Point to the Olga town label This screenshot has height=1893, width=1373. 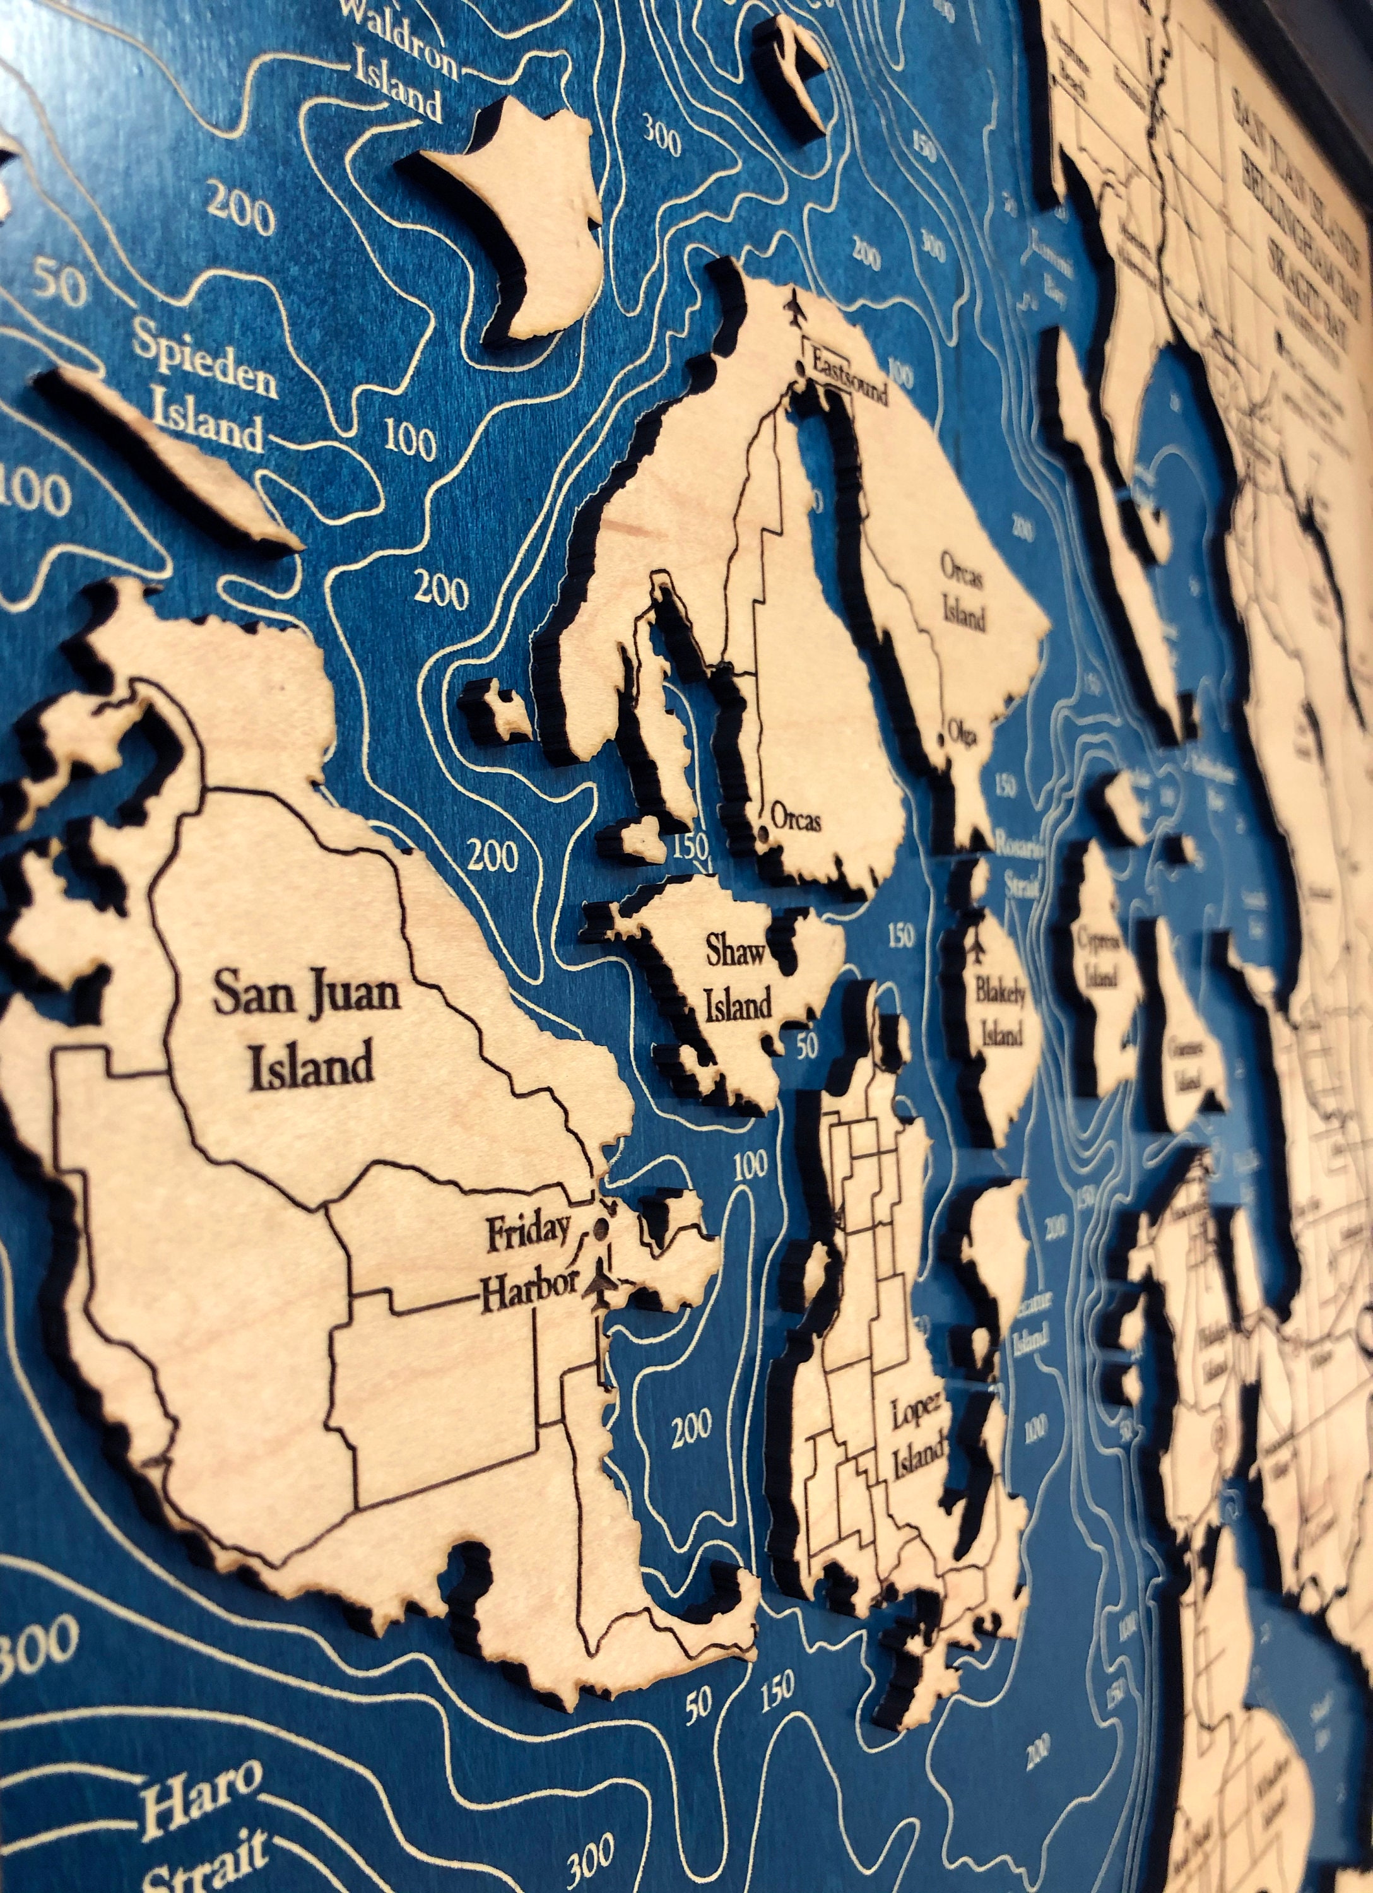(x=961, y=735)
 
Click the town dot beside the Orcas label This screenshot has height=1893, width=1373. (x=763, y=833)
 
